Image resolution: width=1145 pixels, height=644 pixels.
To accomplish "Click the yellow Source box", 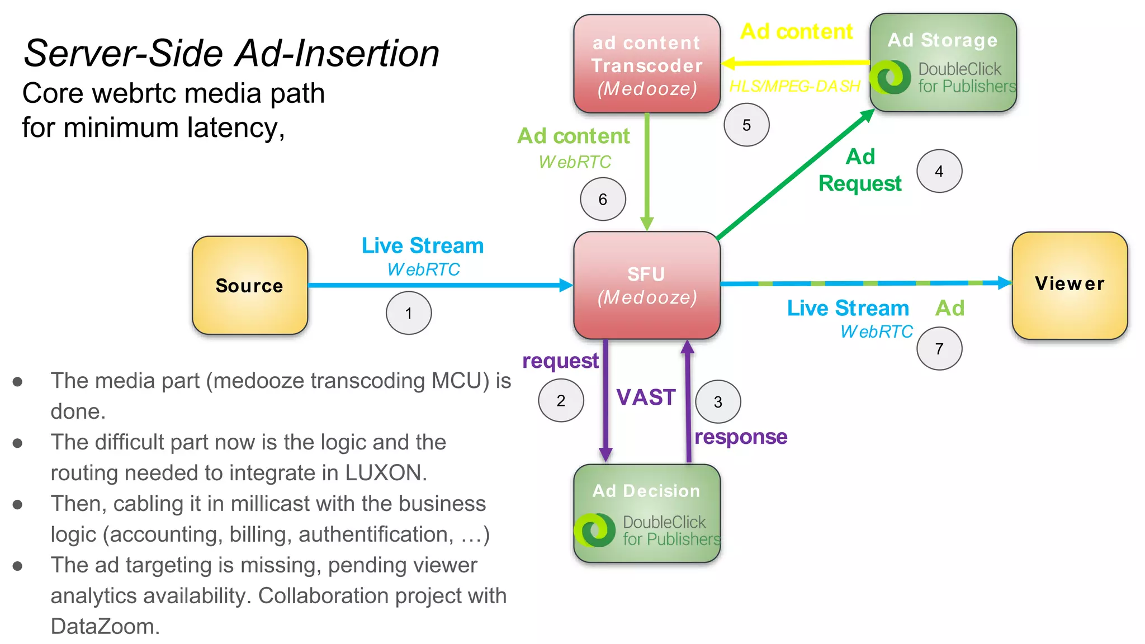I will tap(249, 285).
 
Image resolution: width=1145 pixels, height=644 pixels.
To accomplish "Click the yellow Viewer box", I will tap(1069, 285).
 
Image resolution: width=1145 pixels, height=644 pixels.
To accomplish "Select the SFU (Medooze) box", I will tap(646, 285).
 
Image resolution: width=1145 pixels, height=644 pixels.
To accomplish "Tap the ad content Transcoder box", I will tap(646, 64).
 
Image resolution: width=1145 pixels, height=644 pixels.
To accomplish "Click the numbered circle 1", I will tap(409, 313).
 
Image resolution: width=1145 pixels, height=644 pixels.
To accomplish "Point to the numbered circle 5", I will tap(746, 125).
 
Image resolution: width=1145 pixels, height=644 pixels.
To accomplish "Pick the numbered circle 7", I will tap(939, 349).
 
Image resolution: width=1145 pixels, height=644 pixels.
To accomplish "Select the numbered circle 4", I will tap(939, 171).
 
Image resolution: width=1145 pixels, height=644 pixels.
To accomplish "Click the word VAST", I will tap(646, 397).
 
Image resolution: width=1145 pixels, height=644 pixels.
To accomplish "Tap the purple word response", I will tap(740, 437).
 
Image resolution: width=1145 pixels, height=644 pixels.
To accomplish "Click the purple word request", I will tap(560, 361).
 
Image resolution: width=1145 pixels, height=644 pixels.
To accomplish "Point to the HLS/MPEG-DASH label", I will tap(794, 86).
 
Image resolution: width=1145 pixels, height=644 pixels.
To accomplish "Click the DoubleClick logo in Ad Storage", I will tap(893, 77).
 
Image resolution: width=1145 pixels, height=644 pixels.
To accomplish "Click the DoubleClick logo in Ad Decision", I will tap(595, 530).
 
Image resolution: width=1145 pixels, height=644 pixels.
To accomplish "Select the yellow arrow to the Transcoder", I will tap(794, 63).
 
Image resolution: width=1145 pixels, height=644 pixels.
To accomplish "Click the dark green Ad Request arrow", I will tap(794, 175).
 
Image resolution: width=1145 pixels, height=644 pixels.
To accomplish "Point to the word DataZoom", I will tap(105, 627).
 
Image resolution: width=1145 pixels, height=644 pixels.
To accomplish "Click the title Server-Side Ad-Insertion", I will tap(231, 54).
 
